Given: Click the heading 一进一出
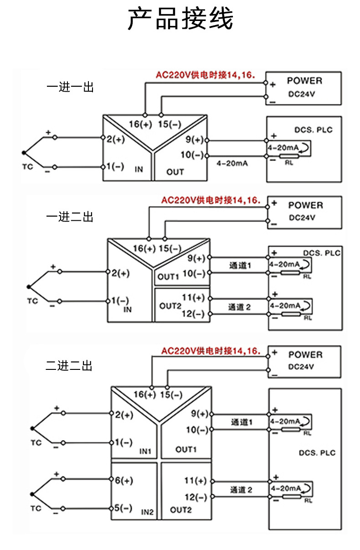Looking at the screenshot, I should (70, 87).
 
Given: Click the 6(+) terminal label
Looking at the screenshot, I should (123, 480).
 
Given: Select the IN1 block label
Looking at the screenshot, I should (146, 451).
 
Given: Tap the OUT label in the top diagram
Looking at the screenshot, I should (175, 172).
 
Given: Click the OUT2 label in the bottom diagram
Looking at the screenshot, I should (181, 509).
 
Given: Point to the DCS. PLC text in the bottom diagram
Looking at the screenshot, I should (317, 453).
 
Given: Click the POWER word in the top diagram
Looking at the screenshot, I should (304, 81).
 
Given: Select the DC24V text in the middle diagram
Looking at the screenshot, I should (302, 218).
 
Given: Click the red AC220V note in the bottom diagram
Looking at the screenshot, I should (211, 351).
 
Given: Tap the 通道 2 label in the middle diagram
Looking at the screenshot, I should (239, 307).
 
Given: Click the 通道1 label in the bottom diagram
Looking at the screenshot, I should (242, 422).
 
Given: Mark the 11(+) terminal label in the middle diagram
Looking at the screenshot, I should (194, 298).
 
